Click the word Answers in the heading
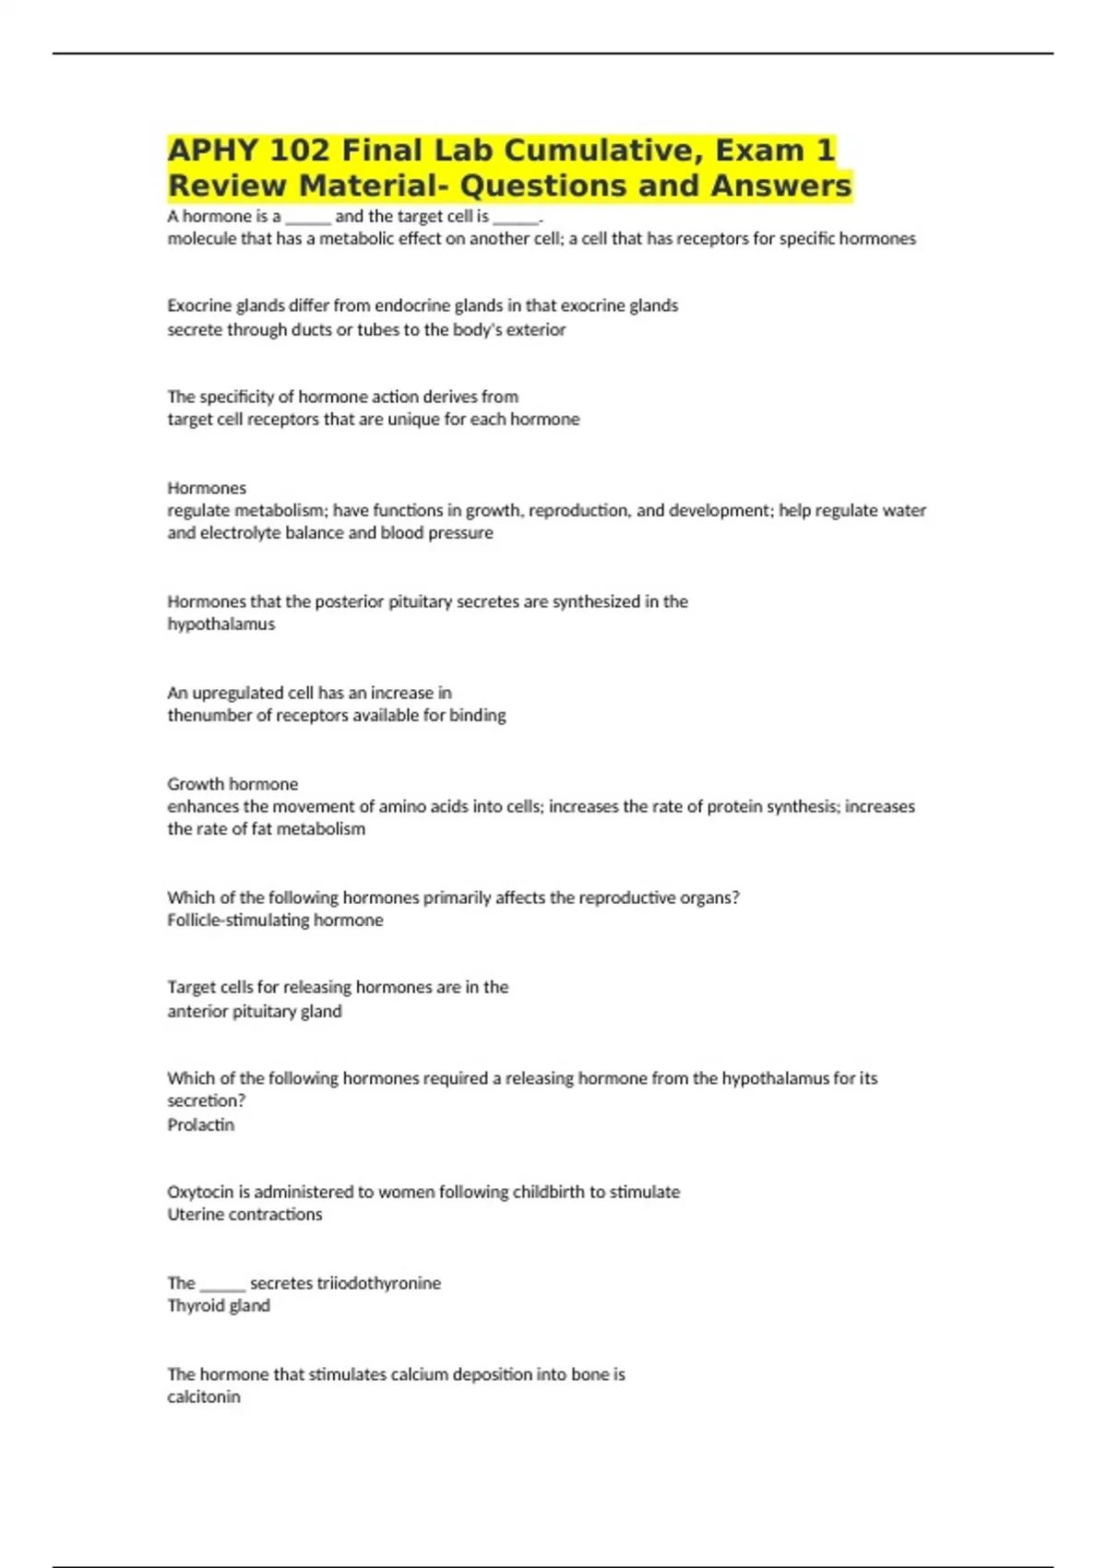tap(780, 185)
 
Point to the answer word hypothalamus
tap(221, 624)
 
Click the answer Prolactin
tap(200, 1125)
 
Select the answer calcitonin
tap(204, 1397)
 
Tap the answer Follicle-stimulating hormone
tap(275, 921)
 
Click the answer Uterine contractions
tap(244, 1215)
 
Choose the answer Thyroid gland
tap(219, 1306)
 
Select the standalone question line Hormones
tap(207, 488)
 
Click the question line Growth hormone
tap(232, 784)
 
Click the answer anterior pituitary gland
tap(255, 1012)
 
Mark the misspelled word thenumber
tap(207, 716)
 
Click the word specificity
tap(238, 397)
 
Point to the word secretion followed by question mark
tap(205, 1101)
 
